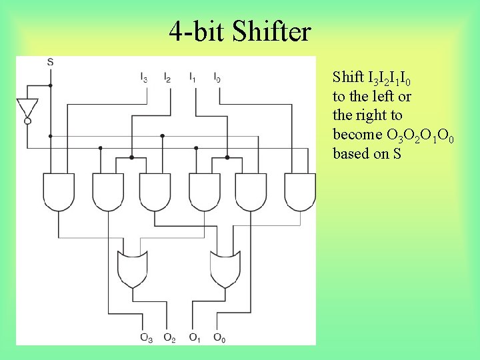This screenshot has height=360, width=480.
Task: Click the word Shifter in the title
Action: tap(272, 31)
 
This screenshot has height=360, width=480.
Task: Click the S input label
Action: tap(51, 62)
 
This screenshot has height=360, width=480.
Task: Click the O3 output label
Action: tap(145, 337)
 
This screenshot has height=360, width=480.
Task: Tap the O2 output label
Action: tap(169, 337)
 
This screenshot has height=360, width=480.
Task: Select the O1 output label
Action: tap(195, 337)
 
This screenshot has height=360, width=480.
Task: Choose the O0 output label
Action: tap(219, 337)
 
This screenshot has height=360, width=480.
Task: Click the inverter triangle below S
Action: tap(27, 107)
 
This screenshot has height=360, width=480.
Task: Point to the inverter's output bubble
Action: tap(27, 121)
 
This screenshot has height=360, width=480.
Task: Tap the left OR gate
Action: tap(133, 269)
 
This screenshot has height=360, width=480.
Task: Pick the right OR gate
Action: tap(226, 269)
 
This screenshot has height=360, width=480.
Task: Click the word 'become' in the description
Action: tap(357, 135)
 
